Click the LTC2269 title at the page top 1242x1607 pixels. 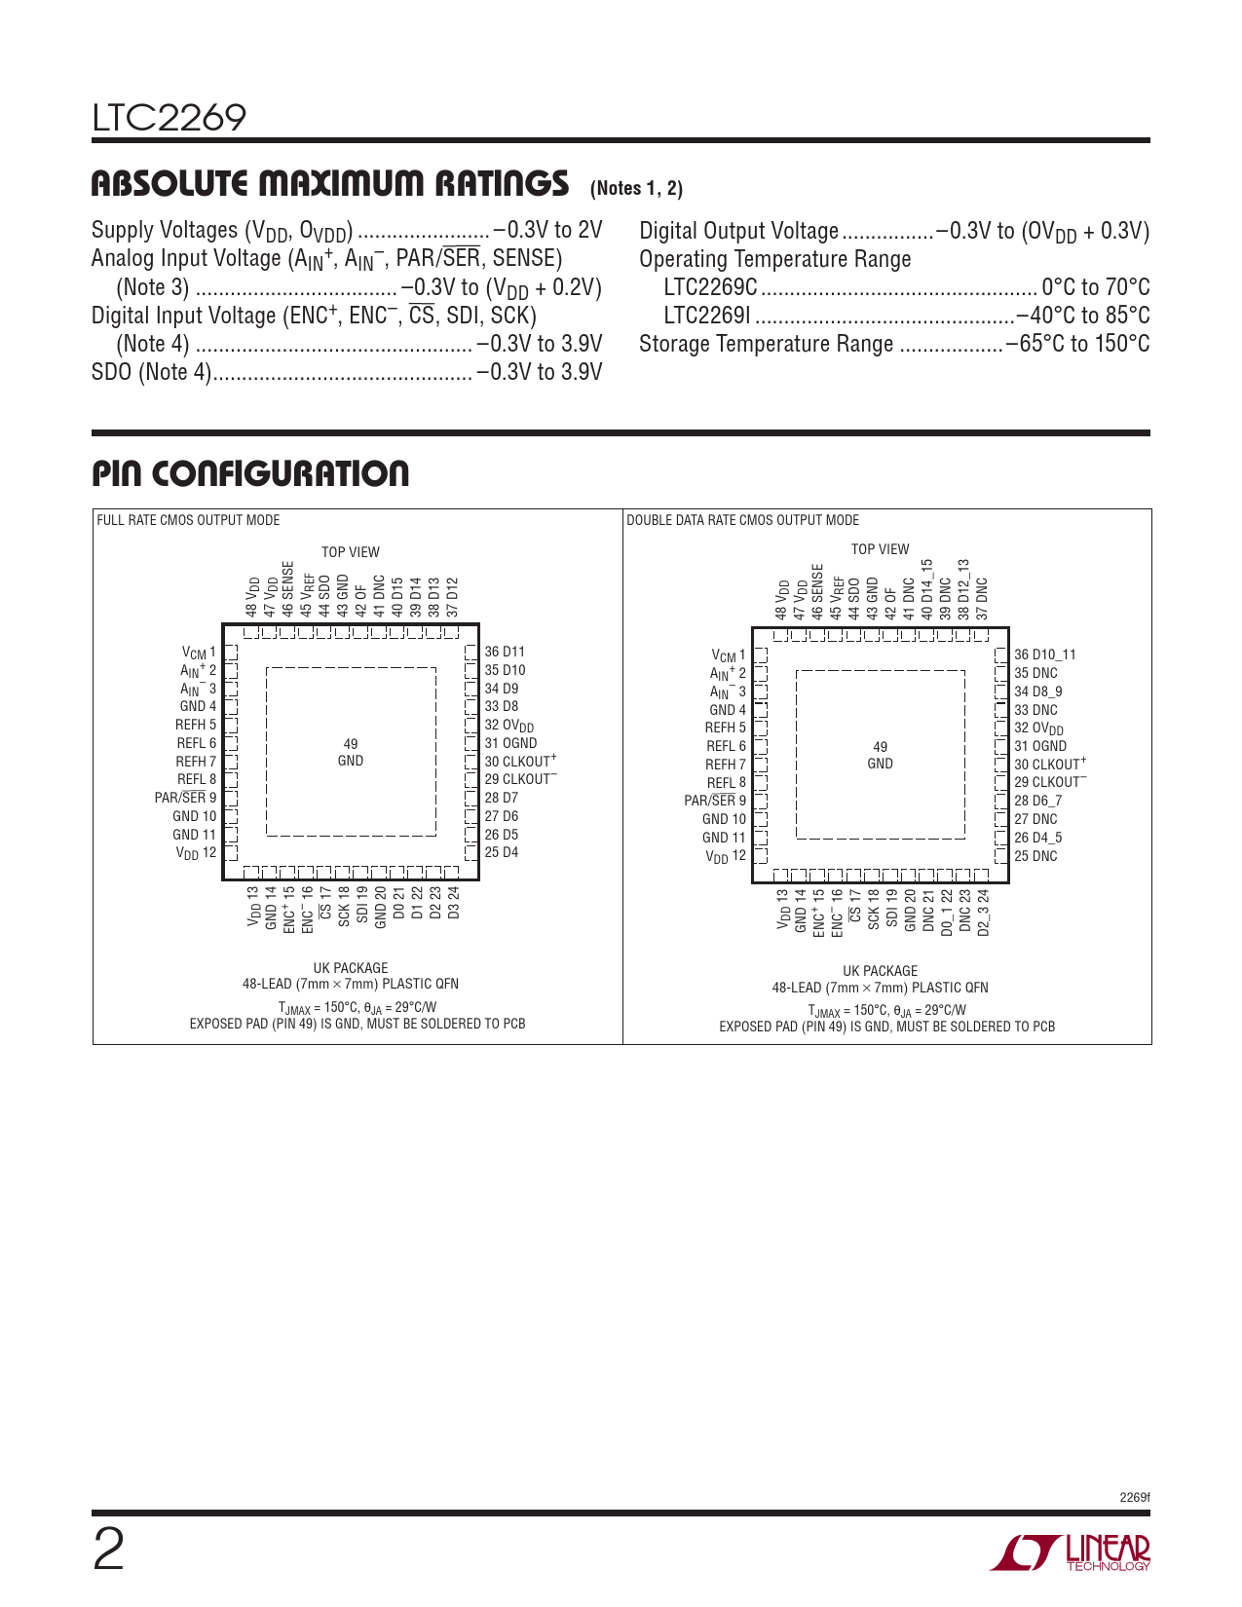coord(169,118)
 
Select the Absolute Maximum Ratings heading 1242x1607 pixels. coord(330,183)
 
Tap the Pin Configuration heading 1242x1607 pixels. coord(250,473)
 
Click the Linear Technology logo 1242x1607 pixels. coord(1070,1552)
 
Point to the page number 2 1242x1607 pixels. coord(108,1551)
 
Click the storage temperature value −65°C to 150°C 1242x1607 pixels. coord(1077,344)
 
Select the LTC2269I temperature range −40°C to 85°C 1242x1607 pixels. coord(1083,316)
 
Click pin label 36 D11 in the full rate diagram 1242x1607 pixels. coord(505,652)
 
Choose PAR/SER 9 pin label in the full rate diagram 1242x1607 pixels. coord(185,798)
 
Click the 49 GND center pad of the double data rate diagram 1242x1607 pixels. coord(880,755)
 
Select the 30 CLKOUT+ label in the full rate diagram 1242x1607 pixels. coord(521,761)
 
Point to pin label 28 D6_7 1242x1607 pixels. coord(1037,801)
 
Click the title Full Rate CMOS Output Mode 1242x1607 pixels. coord(189,520)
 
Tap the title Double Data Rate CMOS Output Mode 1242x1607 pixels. coord(742,520)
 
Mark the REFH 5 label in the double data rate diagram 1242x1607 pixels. coord(725,728)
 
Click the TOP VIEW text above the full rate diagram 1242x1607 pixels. coord(350,551)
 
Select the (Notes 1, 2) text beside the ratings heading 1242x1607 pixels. coord(636,189)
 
